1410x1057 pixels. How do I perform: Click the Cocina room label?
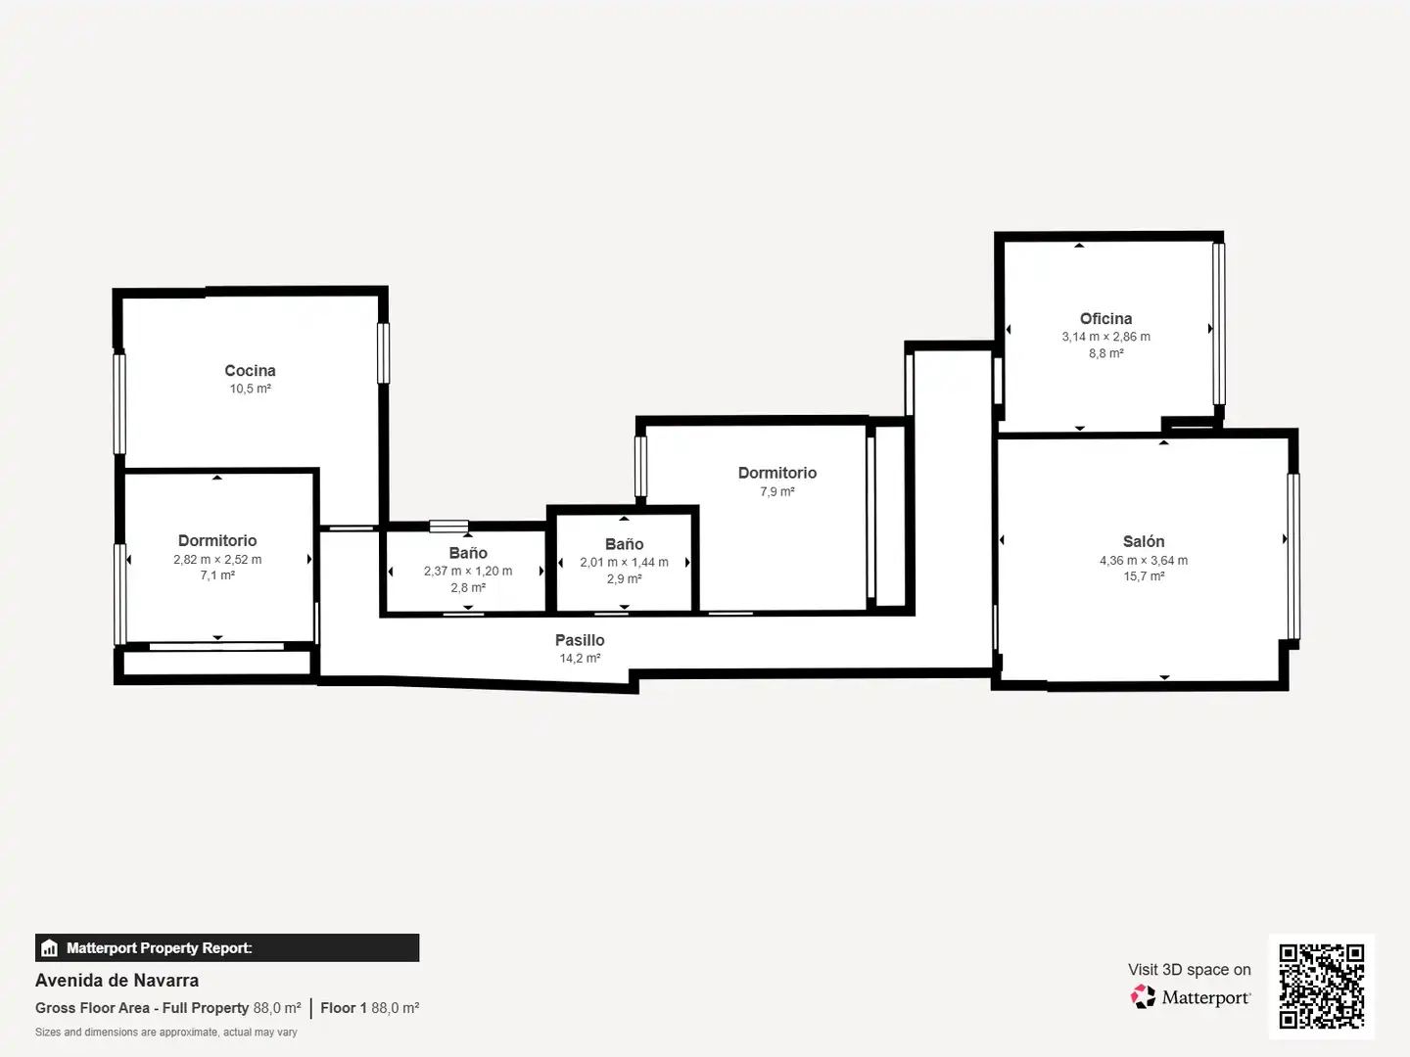250,370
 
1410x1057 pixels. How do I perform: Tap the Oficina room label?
1105,318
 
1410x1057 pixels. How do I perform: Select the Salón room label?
1144,541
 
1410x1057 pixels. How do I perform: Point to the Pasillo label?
580,640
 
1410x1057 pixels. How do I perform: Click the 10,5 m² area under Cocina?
250,389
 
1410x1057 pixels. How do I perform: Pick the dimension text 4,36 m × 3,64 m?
1144,560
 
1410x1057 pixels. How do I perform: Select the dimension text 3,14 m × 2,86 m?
1105,337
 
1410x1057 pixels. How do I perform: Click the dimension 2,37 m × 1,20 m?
468,571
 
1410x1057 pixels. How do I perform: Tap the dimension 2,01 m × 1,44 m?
624,562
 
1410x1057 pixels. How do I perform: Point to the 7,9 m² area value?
777,491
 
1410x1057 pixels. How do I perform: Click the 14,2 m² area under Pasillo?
580,658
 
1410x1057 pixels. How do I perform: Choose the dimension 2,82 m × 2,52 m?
217,559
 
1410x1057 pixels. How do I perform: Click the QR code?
1321,986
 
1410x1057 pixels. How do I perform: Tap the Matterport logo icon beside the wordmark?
1143,996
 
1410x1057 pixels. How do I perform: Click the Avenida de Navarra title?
117,981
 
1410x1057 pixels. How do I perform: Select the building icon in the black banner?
50,948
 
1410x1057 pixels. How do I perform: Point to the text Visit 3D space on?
1189,970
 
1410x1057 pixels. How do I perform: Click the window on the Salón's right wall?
1293,557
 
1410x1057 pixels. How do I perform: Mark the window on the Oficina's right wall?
1219,323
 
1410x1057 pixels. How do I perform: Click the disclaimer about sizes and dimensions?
165,1032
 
